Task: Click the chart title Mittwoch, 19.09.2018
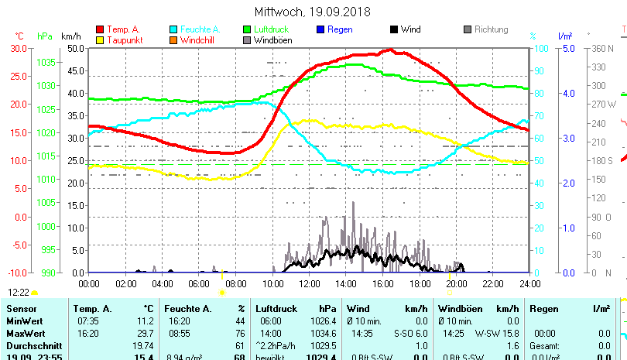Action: (313, 12)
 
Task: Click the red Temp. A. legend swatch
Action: (100, 29)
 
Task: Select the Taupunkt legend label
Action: (124, 40)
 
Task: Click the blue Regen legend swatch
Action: (320, 29)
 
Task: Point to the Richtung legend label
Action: (492, 29)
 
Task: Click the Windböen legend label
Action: (273, 40)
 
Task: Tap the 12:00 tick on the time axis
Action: (308, 283)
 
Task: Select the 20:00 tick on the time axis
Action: (456, 283)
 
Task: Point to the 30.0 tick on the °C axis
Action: (19, 48)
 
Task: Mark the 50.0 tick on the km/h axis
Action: (75, 48)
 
